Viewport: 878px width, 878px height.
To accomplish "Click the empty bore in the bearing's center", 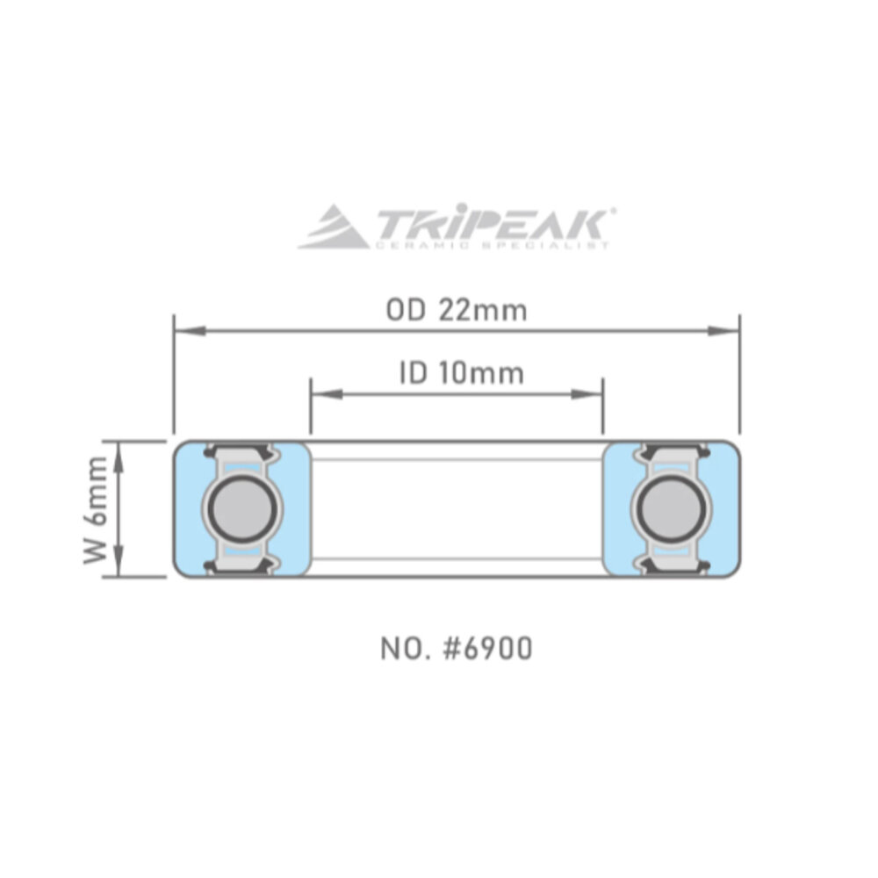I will [457, 508].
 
